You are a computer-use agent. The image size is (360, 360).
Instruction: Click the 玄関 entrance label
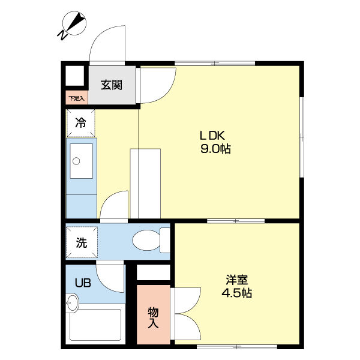click(x=112, y=85)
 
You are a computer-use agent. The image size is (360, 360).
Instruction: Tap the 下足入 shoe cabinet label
click(x=77, y=98)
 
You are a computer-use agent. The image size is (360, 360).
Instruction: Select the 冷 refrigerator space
click(x=80, y=123)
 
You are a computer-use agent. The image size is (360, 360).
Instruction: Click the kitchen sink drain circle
click(x=76, y=161)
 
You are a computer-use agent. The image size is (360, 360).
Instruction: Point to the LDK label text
click(x=212, y=136)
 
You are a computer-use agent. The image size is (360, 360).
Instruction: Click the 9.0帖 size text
click(x=215, y=149)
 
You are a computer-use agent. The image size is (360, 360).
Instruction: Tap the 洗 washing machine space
click(x=82, y=242)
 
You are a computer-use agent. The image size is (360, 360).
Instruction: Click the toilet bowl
click(x=146, y=240)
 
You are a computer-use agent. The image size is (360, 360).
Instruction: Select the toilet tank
click(x=165, y=240)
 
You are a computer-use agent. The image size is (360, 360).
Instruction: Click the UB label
click(x=83, y=283)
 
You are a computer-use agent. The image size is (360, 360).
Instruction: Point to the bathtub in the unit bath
click(x=95, y=325)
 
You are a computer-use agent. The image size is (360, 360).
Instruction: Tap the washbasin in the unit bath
click(x=72, y=303)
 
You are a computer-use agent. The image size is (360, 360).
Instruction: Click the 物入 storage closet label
click(x=153, y=318)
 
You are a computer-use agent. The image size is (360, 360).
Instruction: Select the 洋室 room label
click(x=237, y=280)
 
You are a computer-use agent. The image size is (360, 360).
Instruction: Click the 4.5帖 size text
click(x=237, y=293)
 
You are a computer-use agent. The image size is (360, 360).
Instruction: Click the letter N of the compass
click(x=62, y=35)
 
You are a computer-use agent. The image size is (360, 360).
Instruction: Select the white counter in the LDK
click(x=145, y=184)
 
